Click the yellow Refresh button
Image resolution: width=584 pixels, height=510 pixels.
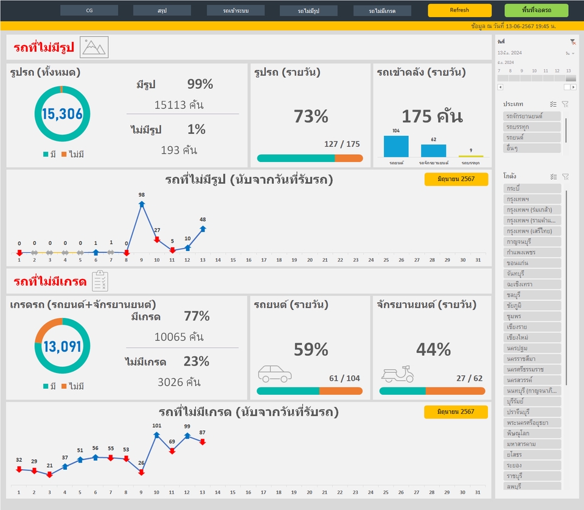coord(459,10)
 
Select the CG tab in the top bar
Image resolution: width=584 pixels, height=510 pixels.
coord(89,10)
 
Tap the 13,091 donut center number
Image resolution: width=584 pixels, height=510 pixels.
coord(62,347)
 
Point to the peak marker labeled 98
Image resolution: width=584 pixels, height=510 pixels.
coord(142,205)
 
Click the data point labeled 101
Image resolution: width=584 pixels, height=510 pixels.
coord(157,435)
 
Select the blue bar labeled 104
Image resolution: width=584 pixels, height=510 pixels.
coord(396,146)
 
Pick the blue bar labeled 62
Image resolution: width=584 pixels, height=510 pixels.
coord(433,151)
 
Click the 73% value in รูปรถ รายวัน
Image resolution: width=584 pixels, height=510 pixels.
coord(311,116)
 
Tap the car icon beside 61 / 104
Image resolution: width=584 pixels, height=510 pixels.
coord(275,374)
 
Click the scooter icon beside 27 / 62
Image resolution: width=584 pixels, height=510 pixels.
coord(397,374)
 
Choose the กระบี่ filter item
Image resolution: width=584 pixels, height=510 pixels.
coord(532,188)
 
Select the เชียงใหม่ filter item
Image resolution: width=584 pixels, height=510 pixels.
coord(532,337)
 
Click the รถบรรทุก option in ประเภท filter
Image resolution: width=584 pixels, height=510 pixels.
coord(532,127)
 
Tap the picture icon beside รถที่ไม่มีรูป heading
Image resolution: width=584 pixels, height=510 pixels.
coord(94,47)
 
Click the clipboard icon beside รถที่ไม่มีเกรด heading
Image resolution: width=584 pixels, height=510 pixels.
coord(100,281)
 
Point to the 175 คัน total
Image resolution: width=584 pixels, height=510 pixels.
coord(432,116)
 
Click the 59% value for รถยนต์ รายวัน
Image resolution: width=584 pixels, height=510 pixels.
coord(311,349)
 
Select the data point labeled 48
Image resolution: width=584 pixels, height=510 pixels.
coord(203,228)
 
